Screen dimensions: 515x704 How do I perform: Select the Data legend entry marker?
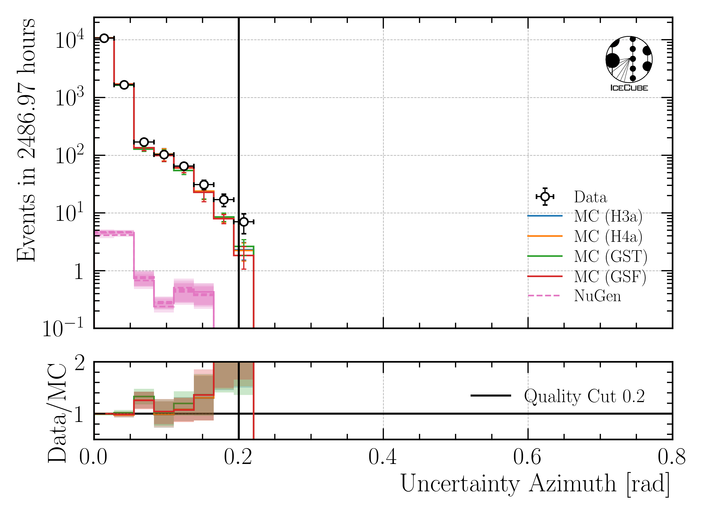point(545,197)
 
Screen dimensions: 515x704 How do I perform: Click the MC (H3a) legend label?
point(608,216)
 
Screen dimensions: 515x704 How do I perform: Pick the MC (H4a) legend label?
point(608,236)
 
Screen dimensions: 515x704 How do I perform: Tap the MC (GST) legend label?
point(611,256)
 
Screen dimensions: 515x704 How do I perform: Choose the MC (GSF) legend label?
point(610,276)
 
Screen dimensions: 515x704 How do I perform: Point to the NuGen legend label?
point(597,296)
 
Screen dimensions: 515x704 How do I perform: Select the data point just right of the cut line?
point(244,222)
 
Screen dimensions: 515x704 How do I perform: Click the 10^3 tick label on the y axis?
point(69,97)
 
